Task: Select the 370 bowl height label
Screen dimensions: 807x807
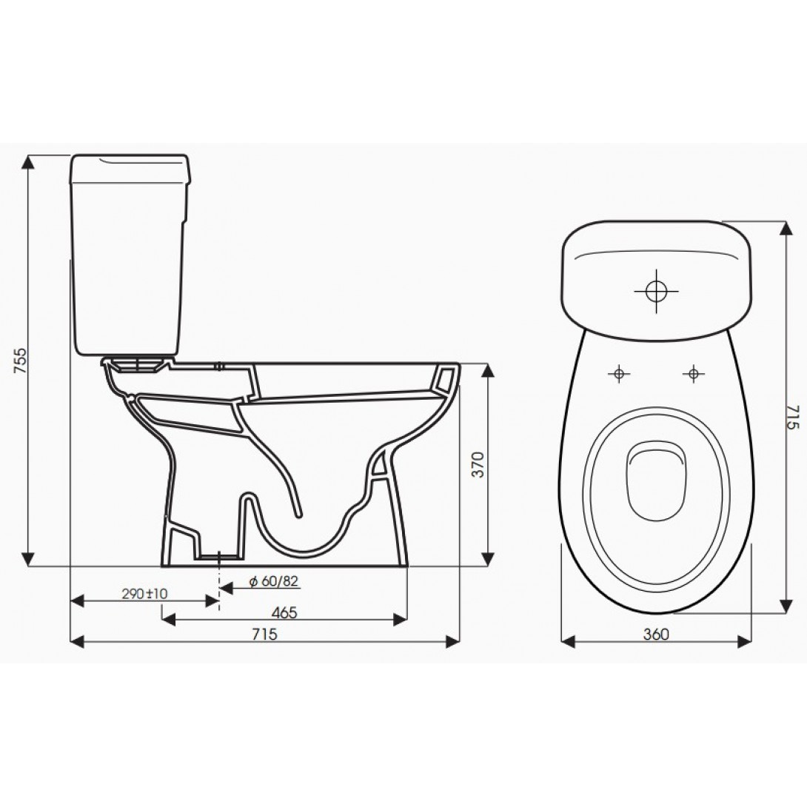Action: coord(478,464)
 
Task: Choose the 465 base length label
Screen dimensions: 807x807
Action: coord(284,612)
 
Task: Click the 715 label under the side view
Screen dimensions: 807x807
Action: coord(265,634)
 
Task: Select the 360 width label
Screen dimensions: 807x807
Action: coord(656,634)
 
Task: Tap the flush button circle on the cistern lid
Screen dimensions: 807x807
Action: coord(655,291)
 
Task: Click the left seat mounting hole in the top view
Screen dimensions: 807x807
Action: coord(618,374)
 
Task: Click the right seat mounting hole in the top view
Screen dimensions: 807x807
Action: coord(693,374)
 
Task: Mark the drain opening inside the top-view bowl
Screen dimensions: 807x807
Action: coord(656,481)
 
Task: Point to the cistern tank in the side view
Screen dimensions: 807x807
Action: coord(128,252)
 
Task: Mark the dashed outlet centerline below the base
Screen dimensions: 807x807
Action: coord(218,585)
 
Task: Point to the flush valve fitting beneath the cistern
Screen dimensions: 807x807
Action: coord(136,364)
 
